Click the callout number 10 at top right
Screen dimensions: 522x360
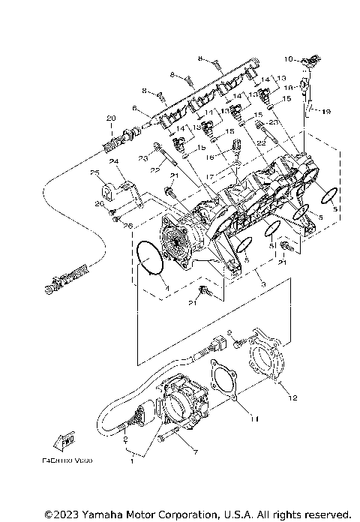(x=289, y=58)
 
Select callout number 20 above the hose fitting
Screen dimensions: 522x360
(x=110, y=118)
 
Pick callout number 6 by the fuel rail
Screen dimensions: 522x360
(x=135, y=109)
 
